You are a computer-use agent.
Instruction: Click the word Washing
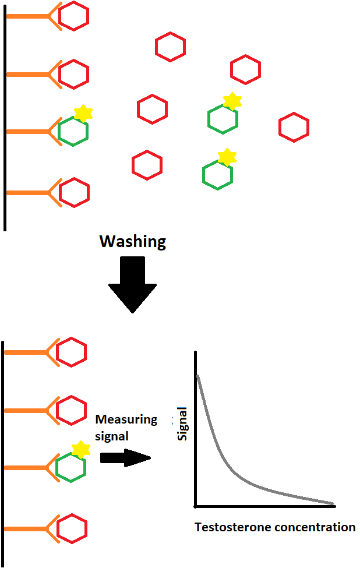pos(133,242)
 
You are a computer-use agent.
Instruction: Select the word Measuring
pos(126,419)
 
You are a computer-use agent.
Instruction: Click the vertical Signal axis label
pos(182,424)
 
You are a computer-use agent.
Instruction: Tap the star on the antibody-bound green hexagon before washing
pos(83,113)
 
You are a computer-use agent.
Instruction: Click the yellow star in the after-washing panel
pos(81,449)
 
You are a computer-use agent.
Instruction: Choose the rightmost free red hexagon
pos(294,128)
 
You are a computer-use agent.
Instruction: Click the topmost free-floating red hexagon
pos(170,47)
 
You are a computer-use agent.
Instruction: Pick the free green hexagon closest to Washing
pos(218,175)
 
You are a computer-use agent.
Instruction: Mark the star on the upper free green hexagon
pos(232,101)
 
